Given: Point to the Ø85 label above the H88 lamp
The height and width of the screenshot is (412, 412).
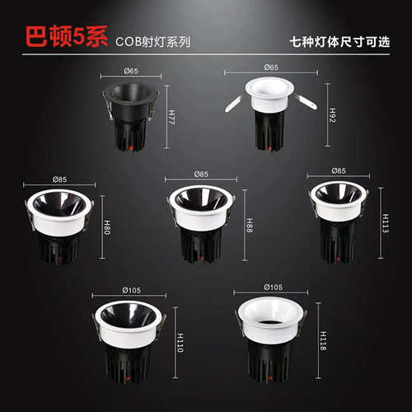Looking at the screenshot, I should pos(201,175).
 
